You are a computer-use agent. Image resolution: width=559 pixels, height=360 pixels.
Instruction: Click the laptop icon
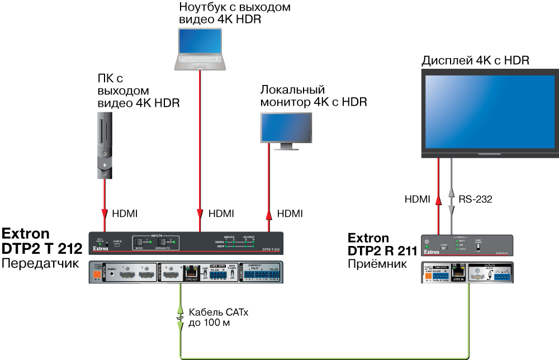[x=200, y=50]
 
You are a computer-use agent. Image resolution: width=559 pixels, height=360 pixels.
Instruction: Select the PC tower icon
[x=104, y=145]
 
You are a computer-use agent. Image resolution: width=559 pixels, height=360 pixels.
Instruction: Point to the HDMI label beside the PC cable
[x=125, y=214]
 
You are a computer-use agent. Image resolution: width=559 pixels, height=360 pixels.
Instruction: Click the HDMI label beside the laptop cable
[x=221, y=214]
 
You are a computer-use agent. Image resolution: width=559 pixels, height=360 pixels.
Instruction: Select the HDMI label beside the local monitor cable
[x=290, y=214]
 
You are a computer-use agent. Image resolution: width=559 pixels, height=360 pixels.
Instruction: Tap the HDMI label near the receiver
[x=416, y=199]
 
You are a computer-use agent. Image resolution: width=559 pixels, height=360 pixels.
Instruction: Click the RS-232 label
[x=475, y=199]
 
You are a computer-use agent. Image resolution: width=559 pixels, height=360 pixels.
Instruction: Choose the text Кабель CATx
[x=218, y=312]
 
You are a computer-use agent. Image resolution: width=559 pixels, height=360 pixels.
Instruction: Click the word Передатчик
[x=39, y=262]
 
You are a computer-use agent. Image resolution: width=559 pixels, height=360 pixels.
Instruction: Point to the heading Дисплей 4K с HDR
[x=475, y=60]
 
